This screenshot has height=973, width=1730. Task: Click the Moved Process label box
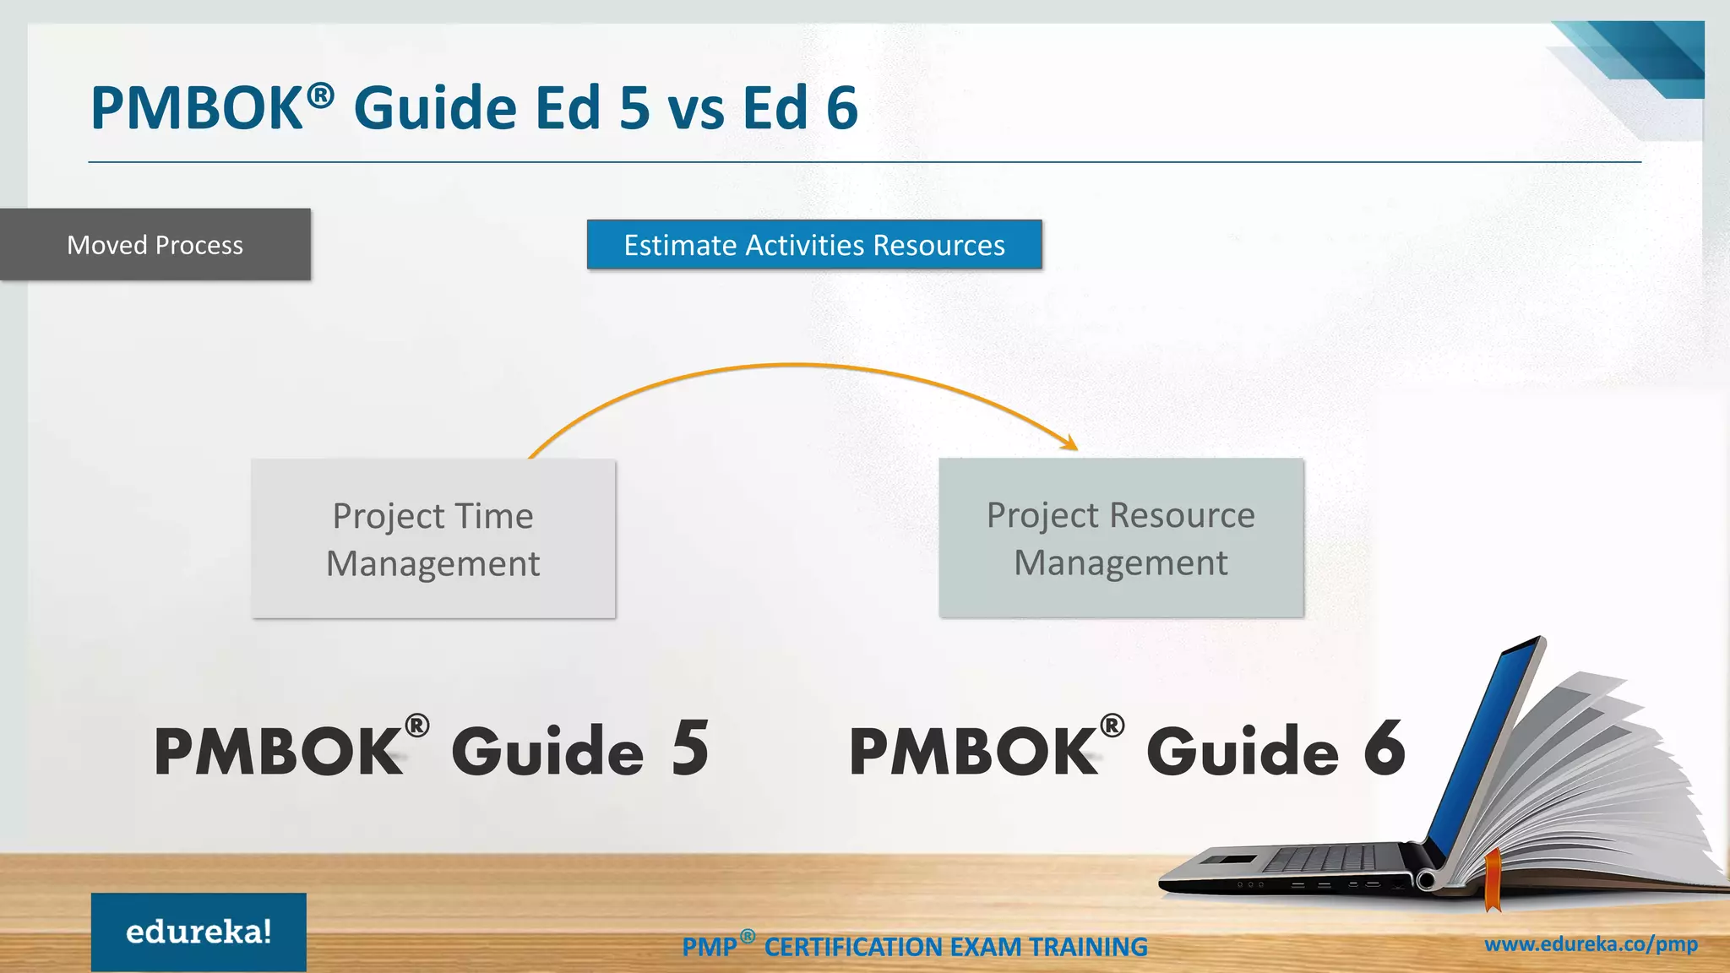(155, 245)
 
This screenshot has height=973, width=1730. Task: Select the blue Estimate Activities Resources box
(814, 245)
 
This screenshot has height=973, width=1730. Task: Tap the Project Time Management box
(433, 539)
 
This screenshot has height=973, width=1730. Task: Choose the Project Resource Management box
(1121, 538)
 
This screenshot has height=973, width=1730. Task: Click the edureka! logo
(199, 932)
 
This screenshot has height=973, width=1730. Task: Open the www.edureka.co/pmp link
(1591, 944)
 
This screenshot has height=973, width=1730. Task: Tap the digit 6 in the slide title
(841, 108)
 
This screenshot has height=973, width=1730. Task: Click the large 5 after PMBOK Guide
(690, 748)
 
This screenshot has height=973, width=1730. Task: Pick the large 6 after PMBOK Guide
(1385, 748)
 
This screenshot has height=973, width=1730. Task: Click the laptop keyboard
(1326, 860)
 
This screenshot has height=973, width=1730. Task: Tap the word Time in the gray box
(494, 516)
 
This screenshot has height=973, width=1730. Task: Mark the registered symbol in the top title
(320, 95)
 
